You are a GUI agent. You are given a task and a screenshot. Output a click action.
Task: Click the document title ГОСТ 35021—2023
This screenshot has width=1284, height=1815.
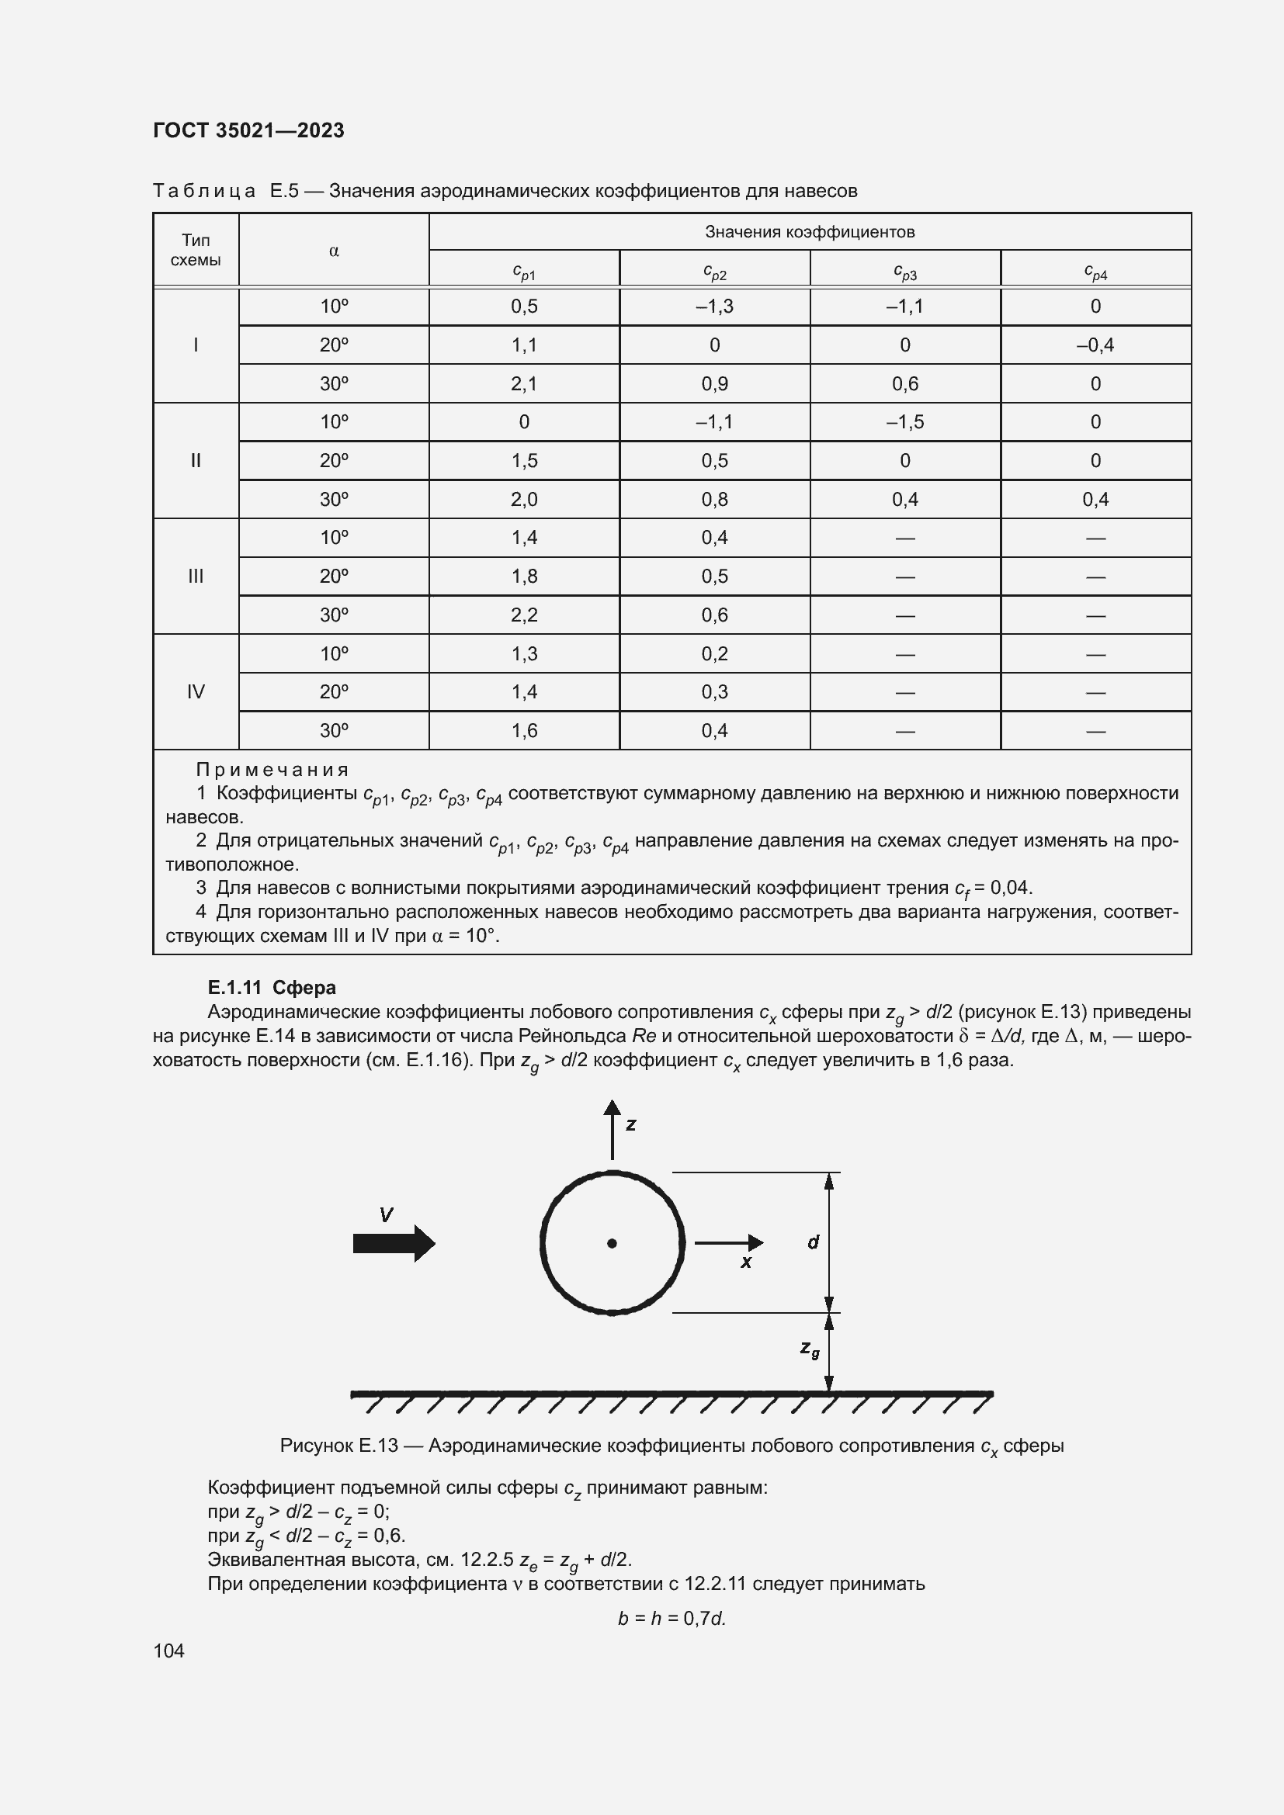pos(248,130)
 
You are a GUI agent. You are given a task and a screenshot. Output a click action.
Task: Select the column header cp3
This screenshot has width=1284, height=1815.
pos(904,272)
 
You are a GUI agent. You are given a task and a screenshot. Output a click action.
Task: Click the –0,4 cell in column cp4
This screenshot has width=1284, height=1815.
pos(1095,345)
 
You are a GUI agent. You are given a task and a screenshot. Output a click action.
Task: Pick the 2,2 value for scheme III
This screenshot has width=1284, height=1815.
pos(523,615)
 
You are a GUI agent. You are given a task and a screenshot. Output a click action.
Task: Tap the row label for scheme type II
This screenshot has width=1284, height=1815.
pos(196,460)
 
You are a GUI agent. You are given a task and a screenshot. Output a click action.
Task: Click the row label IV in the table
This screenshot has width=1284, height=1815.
pos(196,691)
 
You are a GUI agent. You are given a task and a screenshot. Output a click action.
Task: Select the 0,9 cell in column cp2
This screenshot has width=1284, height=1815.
pos(714,383)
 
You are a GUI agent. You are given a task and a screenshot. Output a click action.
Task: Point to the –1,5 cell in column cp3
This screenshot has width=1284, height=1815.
pos(904,421)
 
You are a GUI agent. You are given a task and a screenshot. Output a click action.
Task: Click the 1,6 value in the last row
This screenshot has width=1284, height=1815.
pos(523,730)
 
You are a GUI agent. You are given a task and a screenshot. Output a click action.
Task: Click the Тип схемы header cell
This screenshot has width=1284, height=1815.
pos(196,250)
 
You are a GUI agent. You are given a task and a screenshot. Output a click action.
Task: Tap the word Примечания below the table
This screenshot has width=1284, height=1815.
pos(272,769)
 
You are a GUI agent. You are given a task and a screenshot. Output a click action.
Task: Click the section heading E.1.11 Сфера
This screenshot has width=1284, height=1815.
pos(271,987)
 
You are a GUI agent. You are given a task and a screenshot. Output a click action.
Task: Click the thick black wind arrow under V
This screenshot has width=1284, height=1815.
pos(394,1243)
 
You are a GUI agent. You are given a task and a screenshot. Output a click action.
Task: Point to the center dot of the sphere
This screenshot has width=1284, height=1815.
pos(611,1243)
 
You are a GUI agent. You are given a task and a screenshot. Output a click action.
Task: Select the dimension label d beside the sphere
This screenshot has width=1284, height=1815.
pos(813,1242)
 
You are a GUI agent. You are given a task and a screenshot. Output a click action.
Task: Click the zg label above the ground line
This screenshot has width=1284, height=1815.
pos(810,1349)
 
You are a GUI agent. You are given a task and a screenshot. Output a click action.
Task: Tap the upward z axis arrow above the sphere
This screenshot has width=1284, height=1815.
pos(612,1128)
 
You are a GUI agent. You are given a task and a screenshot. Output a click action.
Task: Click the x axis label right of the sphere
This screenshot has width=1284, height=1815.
pos(745,1263)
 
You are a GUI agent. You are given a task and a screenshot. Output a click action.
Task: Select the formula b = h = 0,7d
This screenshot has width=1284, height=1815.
pos(671,1618)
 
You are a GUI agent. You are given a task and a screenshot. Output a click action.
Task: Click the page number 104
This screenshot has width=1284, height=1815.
pos(168,1650)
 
